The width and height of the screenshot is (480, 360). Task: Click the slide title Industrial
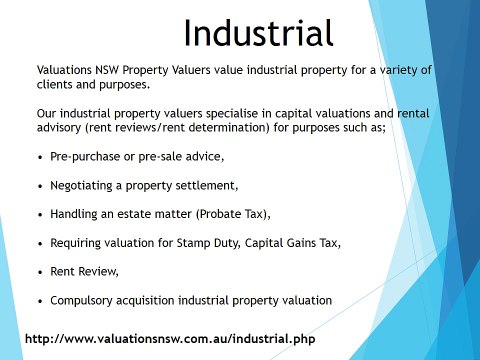click(x=258, y=33)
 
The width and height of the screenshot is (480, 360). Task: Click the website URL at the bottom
click(x=169, y=339)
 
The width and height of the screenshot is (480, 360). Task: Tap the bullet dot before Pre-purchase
click(x=38, y=158)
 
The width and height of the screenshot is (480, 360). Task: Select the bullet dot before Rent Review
click(x=38, y=271)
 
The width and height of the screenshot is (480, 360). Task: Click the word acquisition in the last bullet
click(x=156, y=299)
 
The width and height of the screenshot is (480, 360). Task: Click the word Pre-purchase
click(x=86, y=158)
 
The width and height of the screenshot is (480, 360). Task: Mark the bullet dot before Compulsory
click(x=38, y=299)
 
